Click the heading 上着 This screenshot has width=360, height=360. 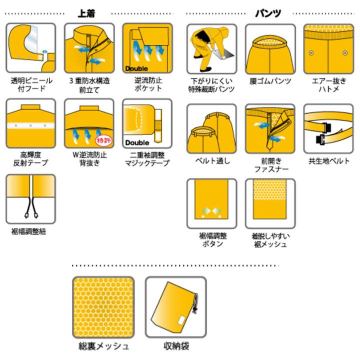click(x=86, y=13)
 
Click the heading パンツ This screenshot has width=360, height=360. click(x=268, y=13)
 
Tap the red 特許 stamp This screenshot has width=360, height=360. click(x=104, y=140)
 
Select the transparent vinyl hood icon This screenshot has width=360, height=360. click(x=31, y=48)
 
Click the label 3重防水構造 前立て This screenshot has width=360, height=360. click(x=89, y=85)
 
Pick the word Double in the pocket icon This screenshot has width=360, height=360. click(x=136, y=68)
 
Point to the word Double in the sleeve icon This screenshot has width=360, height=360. click(x=137, y=142)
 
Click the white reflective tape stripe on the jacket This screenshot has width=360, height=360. click(x=31, y=126)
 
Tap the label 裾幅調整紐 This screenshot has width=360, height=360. click(x=28, y=231)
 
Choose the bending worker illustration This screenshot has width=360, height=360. click(x=211, y=48)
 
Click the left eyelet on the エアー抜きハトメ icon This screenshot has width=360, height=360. click(x=311, y=53)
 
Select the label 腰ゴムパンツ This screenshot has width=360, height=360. click(x=270, y=81)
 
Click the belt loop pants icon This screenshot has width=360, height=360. click(x=211, y=128)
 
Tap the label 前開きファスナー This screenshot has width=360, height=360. click(x=271, y=165)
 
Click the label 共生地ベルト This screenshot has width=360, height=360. click(x=329, y=161)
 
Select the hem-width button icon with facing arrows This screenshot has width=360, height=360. click(x=211, y=203)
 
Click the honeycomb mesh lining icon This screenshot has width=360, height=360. click(x=103, y=307)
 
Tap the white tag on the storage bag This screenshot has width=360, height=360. click(x=181, y=320)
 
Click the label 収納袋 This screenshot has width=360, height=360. click(x=176, y=346)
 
